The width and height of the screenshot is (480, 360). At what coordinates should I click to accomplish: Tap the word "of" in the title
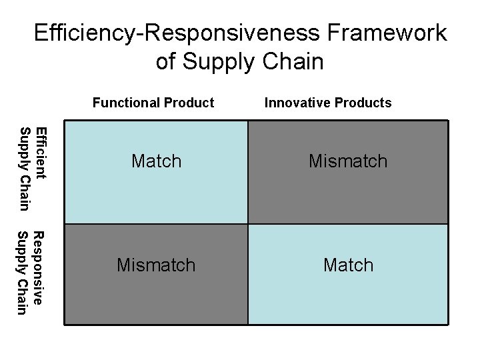(167, 62)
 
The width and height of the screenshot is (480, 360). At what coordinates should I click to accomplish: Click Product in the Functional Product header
(189, 103)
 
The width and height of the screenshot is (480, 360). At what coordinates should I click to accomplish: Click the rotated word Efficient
(41, 153)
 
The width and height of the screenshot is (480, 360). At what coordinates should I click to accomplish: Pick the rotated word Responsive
(39, 268)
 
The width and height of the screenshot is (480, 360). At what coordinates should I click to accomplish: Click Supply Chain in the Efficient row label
(25, 167)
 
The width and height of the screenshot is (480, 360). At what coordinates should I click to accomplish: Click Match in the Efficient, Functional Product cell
(156, 161)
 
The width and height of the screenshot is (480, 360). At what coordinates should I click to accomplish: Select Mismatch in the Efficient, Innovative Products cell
(347, 161)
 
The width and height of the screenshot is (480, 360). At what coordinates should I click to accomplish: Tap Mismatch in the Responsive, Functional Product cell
(156, 265)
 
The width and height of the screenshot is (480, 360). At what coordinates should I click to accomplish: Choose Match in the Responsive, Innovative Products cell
(347, 265)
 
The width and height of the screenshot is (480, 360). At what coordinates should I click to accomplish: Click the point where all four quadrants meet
(247, 223)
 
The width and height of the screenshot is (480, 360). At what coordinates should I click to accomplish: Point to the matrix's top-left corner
(64, 121)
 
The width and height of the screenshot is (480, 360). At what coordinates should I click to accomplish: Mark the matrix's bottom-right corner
(448, 325)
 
